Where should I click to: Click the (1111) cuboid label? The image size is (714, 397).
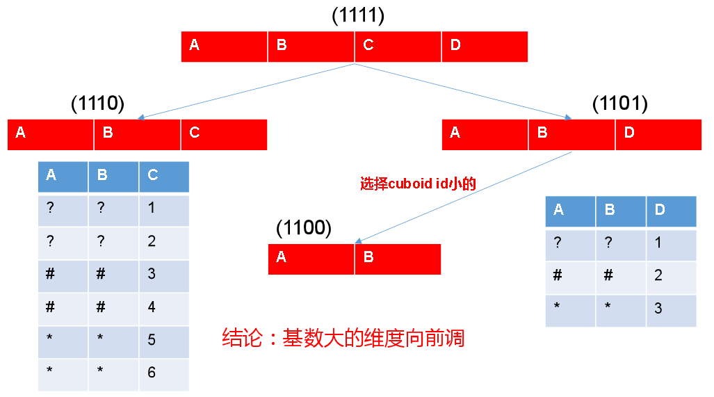[x=358, y=15]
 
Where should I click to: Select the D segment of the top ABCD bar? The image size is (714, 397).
[x=484, y=46]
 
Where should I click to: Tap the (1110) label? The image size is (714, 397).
[x=97, y=104]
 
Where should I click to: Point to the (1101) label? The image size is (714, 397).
[x=619, y=104]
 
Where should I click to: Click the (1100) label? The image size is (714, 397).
[x=304, y=227]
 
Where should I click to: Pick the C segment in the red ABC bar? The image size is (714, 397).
[x=224, y=134]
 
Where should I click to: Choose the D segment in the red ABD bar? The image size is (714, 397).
[x=658, y=134]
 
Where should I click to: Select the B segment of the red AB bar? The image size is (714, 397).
[x=398, y=259]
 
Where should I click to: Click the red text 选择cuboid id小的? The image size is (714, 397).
[x=417, y=184]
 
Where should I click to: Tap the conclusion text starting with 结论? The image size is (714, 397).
[x=343, y=339]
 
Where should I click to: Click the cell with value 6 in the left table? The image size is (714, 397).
[x=163, y=373]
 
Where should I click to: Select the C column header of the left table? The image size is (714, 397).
[x=163, y=176]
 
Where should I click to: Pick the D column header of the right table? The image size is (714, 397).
[x=671, y=211]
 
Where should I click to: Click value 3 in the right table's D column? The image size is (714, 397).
[x=671, y=309]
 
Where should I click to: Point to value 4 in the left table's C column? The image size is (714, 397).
[x=163, y=307]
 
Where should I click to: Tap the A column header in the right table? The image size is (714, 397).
[x=570, y=211]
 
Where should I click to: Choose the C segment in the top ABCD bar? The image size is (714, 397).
[x=398, y=46]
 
